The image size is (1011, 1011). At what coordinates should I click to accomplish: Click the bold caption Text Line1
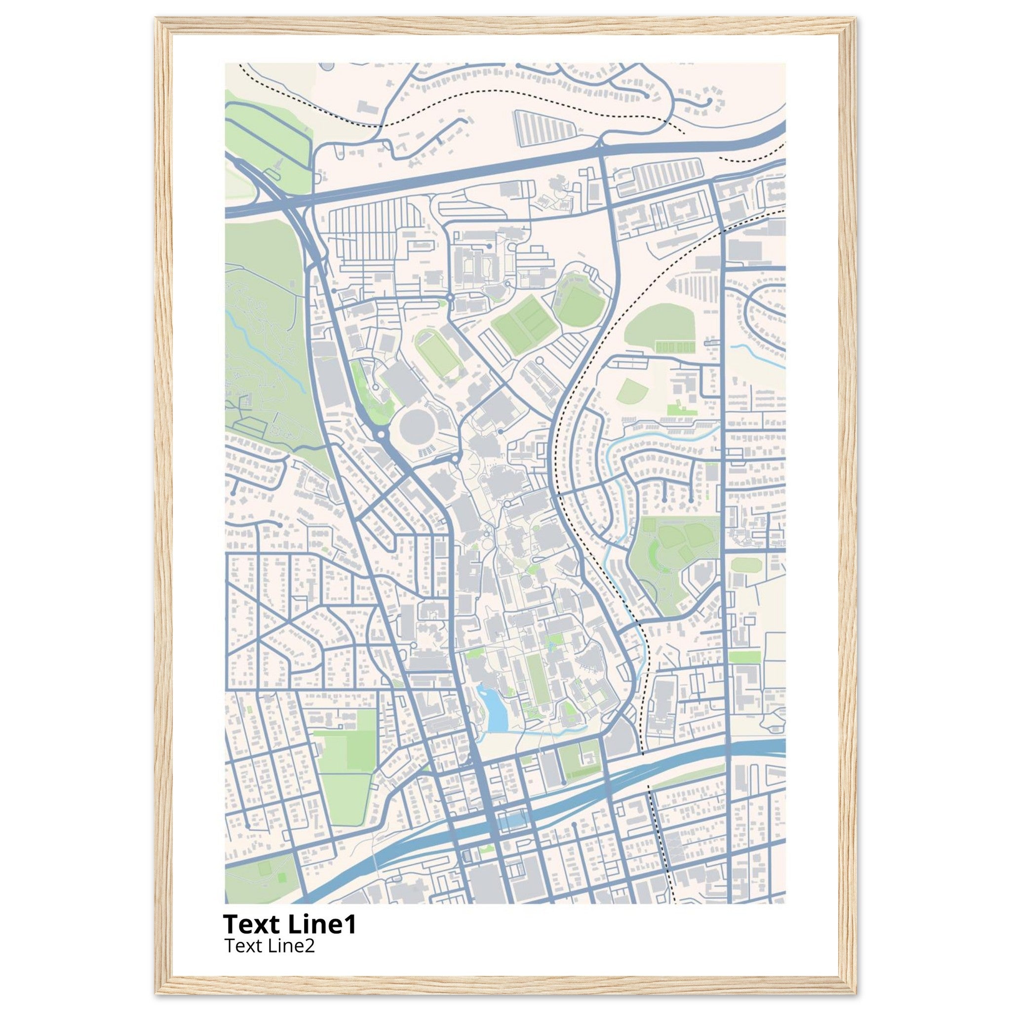289,925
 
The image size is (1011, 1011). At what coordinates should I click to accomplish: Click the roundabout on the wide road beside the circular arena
381,433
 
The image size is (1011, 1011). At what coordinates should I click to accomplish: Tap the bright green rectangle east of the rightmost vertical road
744,656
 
